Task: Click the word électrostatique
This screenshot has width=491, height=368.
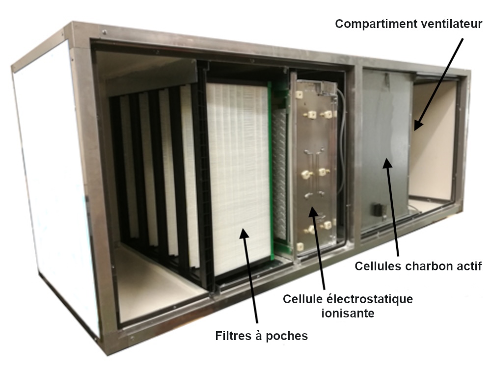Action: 370,299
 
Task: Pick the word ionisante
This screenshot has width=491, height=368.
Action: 348,313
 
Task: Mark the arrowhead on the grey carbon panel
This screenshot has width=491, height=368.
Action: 387,163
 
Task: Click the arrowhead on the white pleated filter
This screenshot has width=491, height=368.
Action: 245,234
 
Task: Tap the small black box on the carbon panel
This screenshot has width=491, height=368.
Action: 378,209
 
